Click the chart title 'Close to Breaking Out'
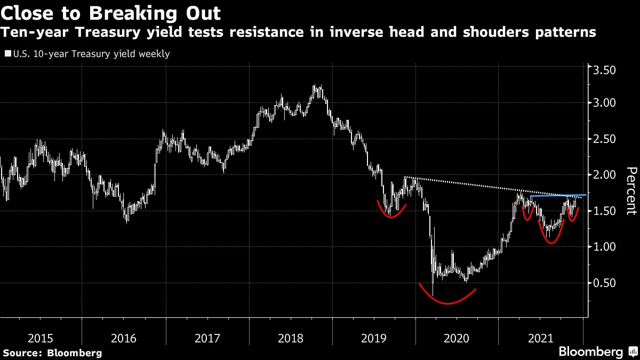111,12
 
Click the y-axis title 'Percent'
630,190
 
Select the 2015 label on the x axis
40,338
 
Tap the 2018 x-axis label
290,338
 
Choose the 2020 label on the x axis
457,338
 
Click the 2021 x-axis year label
540,338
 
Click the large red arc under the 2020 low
447,302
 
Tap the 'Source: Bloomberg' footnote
52,353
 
